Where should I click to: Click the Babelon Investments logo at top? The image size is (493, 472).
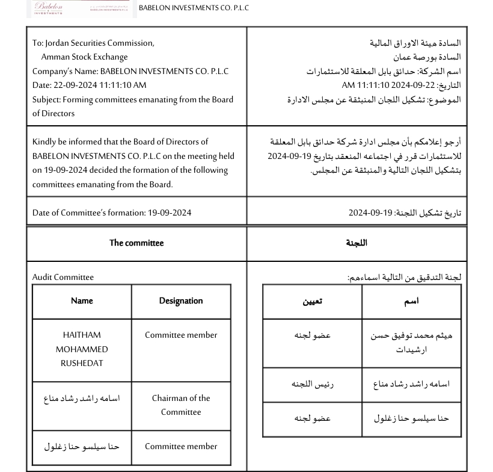pos(81,8)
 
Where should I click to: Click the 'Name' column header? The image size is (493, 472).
pos(82,301)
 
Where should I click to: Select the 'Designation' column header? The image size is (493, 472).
pos(181,301)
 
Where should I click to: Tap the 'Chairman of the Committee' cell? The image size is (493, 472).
pos(181,405)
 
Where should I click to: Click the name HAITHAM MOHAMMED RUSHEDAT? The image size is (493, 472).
pos(82,349)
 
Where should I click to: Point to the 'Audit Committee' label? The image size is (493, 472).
pos(63,278)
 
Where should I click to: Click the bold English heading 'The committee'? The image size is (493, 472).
pos(136,243)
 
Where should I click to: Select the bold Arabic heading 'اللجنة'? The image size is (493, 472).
pos(357,243)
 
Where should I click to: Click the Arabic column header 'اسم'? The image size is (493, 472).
pos(411,302)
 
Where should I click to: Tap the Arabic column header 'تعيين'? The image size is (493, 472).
pos(312,302)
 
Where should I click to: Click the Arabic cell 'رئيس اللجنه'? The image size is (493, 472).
pos(313,384)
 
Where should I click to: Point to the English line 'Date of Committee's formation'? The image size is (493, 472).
pos(112,213)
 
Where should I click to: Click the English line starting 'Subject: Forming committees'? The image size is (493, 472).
pos(133,99)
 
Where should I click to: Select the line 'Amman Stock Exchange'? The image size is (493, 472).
pos(84,57)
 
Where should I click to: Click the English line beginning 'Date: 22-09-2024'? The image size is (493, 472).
pos(90,85)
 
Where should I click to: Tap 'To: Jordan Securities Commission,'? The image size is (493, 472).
pos(93,43)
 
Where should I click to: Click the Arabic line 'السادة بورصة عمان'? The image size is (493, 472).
pos(427,57)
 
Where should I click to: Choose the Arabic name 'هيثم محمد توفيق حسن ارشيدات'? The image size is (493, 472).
pos(411,343)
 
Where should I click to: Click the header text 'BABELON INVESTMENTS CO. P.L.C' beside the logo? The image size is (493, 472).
pos(194,8)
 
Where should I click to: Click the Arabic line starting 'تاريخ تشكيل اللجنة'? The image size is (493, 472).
pos(405,213)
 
